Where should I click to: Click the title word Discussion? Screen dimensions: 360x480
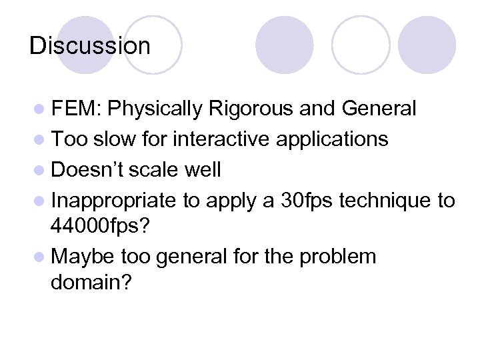pyautogui.click(x=90, y=46)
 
